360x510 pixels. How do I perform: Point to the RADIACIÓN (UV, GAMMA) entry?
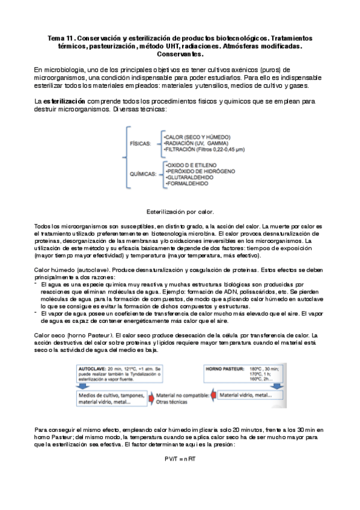point(192,144)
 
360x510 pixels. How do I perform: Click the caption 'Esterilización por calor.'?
point(180,212)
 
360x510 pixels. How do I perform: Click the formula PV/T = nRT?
point(180,459)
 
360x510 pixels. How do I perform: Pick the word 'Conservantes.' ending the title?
point(180,54)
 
